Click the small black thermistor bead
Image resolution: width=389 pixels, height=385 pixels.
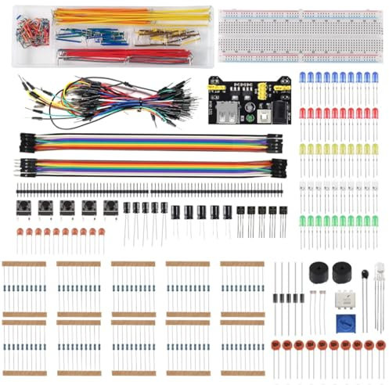(x=365, y=274)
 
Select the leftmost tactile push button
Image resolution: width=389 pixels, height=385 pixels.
(x=23, y=207)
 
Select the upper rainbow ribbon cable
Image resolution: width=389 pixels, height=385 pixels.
(x=149, y=142)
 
